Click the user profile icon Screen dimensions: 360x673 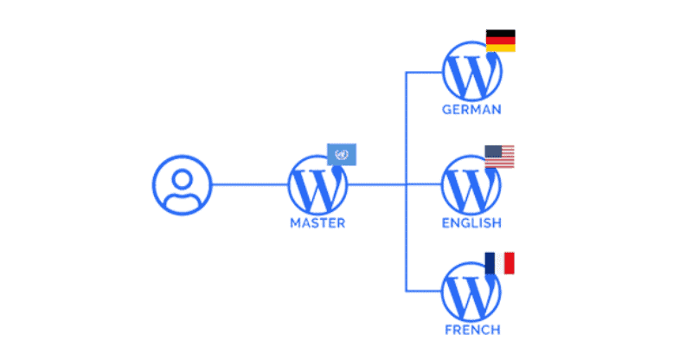[182, 184]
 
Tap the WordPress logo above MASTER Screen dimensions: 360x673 [317, 184]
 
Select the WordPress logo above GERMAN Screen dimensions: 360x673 [471, 73]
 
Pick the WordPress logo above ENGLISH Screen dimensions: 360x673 [471, 184]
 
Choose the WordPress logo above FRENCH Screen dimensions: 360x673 [471, 292]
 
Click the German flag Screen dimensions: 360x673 [500, 41]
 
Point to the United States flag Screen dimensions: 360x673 [500, 157]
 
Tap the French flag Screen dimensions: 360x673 [500, 263]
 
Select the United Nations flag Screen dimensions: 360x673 [342, 154]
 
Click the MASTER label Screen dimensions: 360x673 [317, 223]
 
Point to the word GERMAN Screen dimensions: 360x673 [471, 111]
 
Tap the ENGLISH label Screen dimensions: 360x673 [471, 223]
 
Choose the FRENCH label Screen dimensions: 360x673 [471, 330]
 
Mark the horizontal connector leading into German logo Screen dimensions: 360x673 [424, 73]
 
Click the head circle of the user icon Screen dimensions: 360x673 [182, 178]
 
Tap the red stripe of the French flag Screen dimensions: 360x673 [510, 263]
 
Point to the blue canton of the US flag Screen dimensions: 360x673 [492, 152]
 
